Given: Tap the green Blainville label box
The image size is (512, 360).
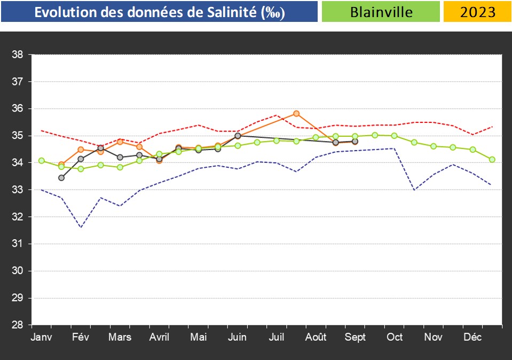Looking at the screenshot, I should click(381, 12).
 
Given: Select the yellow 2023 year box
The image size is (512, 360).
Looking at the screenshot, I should click(477, 12).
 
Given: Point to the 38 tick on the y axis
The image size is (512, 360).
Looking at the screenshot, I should click(17, 54).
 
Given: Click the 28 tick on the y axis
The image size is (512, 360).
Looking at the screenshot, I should click(17, 325).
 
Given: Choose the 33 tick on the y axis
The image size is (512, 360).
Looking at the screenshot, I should click(17, 190).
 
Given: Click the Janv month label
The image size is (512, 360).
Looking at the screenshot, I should click(42, 337).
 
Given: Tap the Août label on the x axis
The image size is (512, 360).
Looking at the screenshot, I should click(316, 337).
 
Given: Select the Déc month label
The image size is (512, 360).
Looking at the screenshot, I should click(472, 337).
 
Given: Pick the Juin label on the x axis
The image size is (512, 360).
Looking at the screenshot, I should click(237, 337).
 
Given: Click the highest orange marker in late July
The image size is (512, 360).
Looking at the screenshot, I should click(296, 113).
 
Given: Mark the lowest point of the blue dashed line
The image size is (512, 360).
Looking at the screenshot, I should click(81, 228).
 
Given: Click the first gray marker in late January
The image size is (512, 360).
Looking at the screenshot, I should click(61, 177).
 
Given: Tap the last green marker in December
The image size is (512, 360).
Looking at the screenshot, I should click(492, 159).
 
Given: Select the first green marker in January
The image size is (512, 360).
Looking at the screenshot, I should click(42, 160).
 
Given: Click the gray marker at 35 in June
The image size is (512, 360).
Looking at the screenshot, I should click(238, 136).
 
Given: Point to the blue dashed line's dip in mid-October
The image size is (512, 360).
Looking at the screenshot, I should click(414, 190).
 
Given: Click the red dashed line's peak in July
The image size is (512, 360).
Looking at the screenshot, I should click(277, 115).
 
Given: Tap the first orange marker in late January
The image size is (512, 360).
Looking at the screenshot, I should click(61, 165).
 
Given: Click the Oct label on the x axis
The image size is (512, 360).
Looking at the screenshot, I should click(395, 337).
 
